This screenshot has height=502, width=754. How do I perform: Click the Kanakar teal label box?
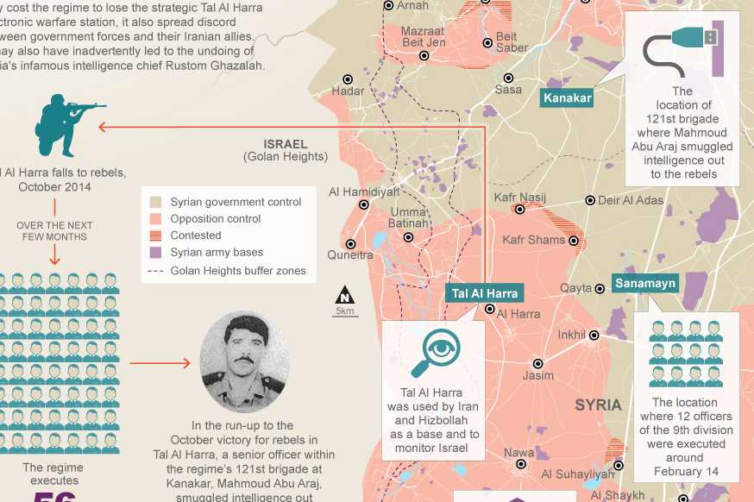pos(568,97)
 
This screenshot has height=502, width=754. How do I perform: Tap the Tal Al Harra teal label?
pos(485,293)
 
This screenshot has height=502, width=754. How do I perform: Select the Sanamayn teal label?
pos(646,283)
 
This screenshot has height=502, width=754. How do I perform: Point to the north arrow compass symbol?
pos(345,295)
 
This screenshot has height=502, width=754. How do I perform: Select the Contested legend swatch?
pos(155,235)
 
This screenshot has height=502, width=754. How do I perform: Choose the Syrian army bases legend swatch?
pos(155,253)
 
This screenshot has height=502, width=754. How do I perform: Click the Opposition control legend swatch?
pos(155,219)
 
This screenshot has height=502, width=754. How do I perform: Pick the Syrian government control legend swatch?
pos(155,202)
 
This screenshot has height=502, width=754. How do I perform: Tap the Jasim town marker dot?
pos(538,363)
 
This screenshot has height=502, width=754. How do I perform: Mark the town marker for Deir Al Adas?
pos(590,200)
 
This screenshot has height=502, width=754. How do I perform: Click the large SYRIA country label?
pos(598,405)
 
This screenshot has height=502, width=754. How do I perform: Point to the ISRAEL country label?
pos(286,144)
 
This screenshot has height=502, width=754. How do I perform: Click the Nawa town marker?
pos(520,464)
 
